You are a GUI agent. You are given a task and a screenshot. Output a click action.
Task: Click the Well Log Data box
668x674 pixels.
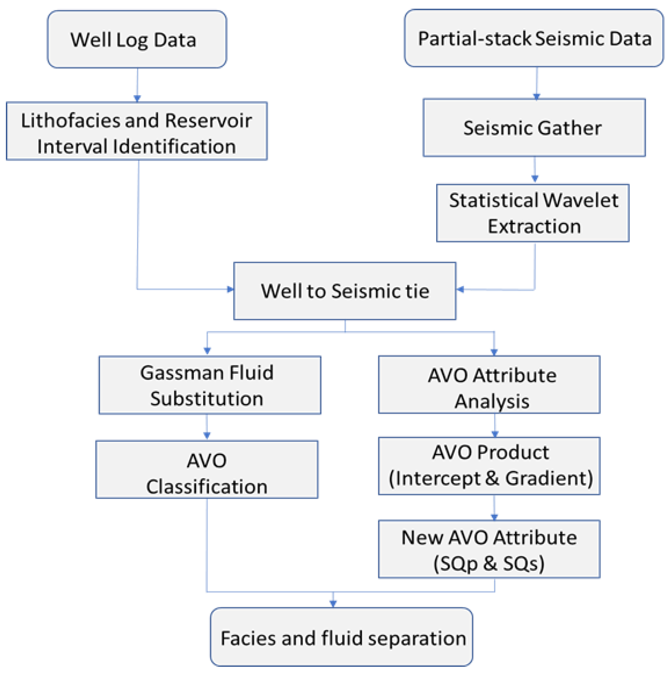137,39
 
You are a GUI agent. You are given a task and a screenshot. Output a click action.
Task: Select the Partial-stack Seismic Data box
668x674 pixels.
534,38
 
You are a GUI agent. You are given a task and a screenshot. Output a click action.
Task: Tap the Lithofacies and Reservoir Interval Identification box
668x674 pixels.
137,131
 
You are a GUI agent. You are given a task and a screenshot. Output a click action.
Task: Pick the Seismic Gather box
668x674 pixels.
534,128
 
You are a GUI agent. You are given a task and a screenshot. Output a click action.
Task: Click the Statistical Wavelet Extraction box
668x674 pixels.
533,213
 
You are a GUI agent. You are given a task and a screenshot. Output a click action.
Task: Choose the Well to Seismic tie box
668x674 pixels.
345,291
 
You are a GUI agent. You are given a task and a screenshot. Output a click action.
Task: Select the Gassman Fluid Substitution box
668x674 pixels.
210,385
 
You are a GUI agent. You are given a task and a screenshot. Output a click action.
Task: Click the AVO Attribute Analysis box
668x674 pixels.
489,384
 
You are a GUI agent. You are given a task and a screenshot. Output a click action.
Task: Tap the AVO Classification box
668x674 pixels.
207,470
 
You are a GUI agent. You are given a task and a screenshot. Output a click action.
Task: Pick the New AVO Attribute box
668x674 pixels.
489,549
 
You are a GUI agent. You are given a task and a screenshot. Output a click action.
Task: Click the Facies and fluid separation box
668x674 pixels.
341,637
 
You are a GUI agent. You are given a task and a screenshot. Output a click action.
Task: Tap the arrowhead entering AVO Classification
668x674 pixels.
207,435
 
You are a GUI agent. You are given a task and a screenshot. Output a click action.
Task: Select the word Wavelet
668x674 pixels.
580,200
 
